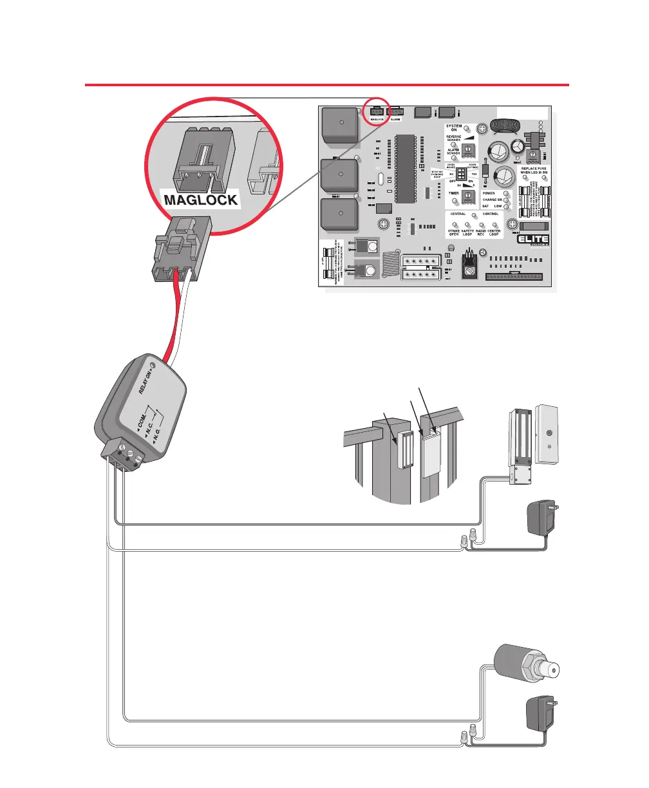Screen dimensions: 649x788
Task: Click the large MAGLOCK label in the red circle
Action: click(x=201, y=200)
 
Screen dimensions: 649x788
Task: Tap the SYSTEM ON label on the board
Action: click(x=454, y=128)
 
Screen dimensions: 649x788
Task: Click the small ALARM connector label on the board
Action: click(x=396, y=120)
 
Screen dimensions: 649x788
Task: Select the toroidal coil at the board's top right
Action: click(x=506, y=126)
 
